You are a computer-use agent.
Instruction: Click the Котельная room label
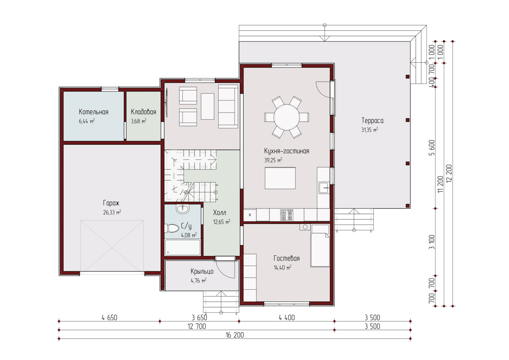pyautogui.click(x=93, y=112)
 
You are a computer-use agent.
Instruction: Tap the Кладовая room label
pyautogui.click(x=144, y=112)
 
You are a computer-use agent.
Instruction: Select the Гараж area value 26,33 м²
pyautogui.click(x=112, y=212)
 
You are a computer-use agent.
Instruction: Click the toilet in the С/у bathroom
pyautogui.click(x=172, y=228)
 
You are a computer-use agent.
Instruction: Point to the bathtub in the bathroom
pyautogui.click(x=183, y=247)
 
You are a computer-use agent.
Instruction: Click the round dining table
pyautogui.click(x=286, y=117)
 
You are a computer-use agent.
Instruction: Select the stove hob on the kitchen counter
pyautogui.click(x=287, y=215)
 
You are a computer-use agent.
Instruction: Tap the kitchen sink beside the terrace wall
pyautogui.click(x=324, y=188)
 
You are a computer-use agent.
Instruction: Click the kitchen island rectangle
pyautogui.click(x=280, y=178)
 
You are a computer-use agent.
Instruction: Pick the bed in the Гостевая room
pyautogui.click(x=320, y=245)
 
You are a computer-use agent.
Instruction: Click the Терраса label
pyautogui.click(x=373, y=120)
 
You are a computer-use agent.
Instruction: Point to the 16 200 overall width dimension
pyautogui.click(x=235, y=335)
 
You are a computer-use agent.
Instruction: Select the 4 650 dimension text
pyautogui.click(x=109, y=318)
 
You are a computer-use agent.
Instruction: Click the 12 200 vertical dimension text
pyautogui.click(x=449, y=173)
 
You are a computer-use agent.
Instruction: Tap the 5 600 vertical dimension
pyautogui.click(x=432, y=148)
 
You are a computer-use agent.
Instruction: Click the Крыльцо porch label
pyautogui.click(x=202, y=271)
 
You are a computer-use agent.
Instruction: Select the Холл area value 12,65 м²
pyautogui.click(x=222, y=222)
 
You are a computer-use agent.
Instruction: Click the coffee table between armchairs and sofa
pyautogui.click(x=207, y=106)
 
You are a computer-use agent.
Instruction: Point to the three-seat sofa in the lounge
pyautogui.click(x=228, y=106)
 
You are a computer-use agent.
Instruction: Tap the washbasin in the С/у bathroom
pyautogui.click(x=183, y=209)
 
